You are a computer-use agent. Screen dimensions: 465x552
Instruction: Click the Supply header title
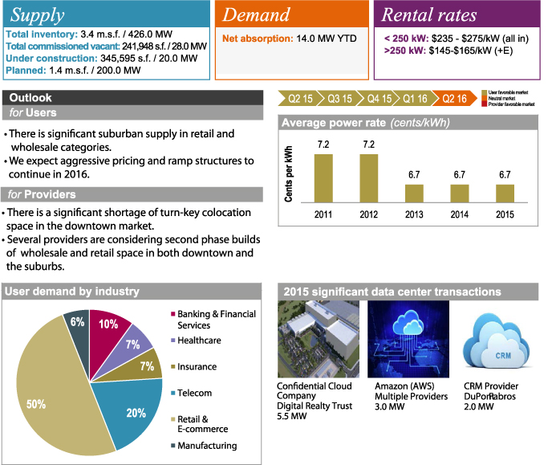click(x=38, y=15)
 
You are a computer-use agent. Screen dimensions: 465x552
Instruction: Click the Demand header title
click(x=256, y=15)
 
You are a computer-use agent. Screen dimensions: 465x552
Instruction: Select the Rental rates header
click(x=429, y=15)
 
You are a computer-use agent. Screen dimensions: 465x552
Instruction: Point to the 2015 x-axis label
click(x=505, y=215)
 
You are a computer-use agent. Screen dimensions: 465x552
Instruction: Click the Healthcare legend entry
click(x=198, y=341)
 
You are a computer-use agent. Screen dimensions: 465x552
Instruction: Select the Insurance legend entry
click(x=197, y=367)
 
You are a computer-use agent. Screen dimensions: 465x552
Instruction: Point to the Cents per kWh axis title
click(x=289, y=172)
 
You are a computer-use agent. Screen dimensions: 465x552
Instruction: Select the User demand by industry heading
click(x=71, y=292)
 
